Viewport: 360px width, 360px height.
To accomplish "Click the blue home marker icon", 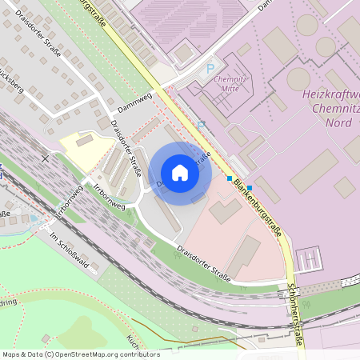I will tap(180, 173).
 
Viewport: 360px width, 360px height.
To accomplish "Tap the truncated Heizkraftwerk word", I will tap(332, 94).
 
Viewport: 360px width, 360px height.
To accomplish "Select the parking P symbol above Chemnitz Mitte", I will tap(210, 70).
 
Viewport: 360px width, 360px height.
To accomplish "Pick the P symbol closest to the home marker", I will tap(202, 125).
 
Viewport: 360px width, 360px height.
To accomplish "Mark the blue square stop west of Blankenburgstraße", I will tap(230, 178).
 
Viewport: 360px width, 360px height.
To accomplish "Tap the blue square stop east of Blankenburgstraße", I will tap(249, 188).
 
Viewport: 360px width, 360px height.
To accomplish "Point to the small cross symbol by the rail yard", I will tap(45, 159).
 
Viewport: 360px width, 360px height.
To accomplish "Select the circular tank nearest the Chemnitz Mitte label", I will tap(298, 78).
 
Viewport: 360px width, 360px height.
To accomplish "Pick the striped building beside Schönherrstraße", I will tap(308, 259).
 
